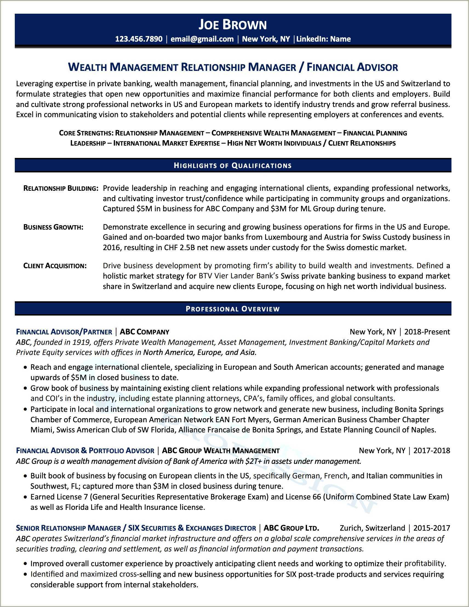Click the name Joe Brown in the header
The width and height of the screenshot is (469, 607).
(233, 25)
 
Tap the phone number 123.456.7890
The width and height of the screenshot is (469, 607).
(139, 39)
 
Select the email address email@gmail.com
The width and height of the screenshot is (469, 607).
(202, 39)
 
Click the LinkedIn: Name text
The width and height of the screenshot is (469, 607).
(323, 39)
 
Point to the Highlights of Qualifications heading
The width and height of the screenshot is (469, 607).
(233, 166)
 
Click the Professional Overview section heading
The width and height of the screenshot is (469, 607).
(233, 309)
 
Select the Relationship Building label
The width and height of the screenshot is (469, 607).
(61, 189)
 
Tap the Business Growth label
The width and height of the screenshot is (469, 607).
(53, 227)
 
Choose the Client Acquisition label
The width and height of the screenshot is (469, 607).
(55, 266)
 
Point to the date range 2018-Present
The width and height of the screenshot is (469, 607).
(427, 332)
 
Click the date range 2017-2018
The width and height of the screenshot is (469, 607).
(431, 450)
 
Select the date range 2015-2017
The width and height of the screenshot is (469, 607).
(431, 528)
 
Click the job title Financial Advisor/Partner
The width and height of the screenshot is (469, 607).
(64, 332)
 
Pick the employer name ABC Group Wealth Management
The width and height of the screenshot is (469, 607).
(221, 450)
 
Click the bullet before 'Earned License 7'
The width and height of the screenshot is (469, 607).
(25, 497)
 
